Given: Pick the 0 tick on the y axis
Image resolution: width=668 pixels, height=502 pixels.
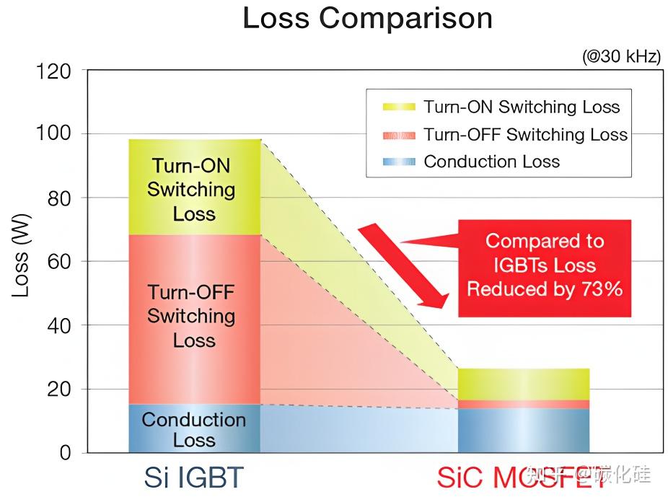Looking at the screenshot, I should point(65,453).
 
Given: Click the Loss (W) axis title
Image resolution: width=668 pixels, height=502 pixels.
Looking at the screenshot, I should point(21,263).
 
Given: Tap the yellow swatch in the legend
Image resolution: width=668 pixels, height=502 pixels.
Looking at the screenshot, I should point(399,107).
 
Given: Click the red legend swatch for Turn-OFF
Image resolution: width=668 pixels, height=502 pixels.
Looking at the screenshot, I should point(399,135).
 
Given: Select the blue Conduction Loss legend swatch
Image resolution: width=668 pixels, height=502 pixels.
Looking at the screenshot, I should point(399,162).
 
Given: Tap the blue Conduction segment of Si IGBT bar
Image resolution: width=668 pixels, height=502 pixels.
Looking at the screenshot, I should point(195,429).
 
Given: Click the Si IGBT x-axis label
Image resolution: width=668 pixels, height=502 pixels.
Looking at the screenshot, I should point(194,477).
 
